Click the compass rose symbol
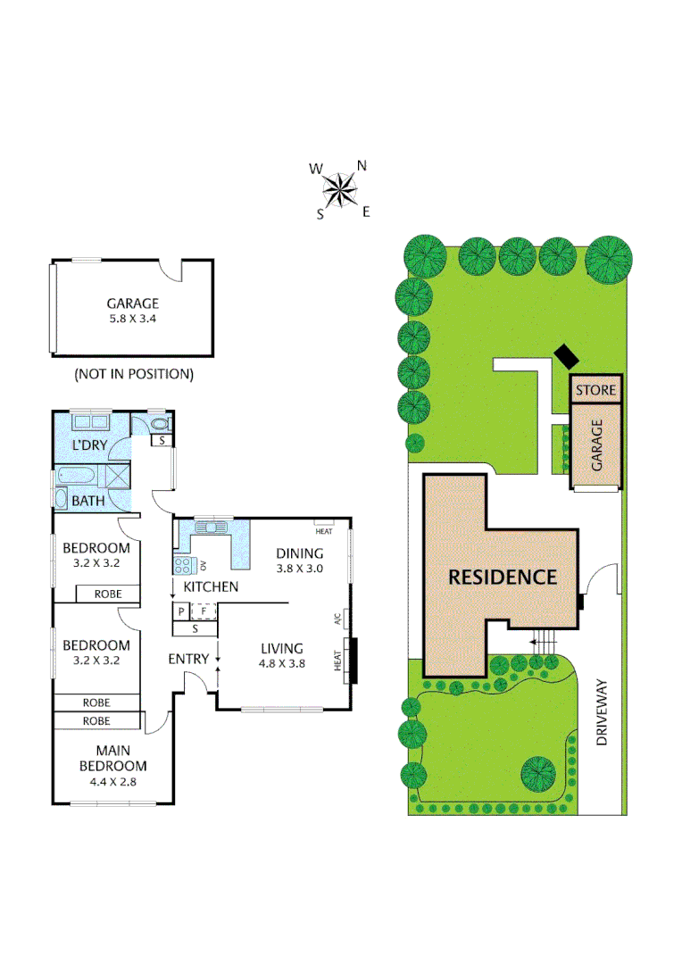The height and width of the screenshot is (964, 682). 339,189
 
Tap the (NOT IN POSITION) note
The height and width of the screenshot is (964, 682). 133,374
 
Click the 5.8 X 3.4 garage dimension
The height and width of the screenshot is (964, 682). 132,319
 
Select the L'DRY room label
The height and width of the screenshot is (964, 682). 89,444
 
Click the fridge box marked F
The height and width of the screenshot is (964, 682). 204,611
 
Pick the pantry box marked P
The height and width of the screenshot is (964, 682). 181,611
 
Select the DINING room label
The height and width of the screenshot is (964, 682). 299,553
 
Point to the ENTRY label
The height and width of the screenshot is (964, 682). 188,659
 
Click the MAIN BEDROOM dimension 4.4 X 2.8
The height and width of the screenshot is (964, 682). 112,782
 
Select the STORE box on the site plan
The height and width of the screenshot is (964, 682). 595,390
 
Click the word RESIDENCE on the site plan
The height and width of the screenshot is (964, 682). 503,577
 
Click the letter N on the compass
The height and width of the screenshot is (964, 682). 362,165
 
